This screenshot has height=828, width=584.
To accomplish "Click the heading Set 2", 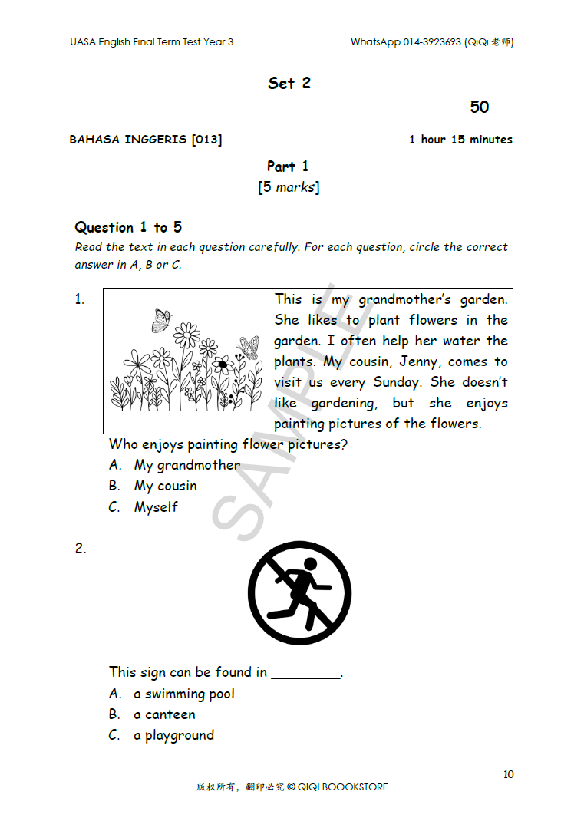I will coord(289,84).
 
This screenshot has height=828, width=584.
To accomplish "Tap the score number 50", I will coord(480,107).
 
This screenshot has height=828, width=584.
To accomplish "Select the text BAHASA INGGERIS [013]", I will coord(146,140).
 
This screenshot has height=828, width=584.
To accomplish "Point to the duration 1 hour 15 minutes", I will coord(460,140).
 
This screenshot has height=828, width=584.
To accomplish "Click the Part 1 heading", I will coord(288,167).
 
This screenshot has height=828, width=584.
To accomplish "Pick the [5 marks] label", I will coord(289,187).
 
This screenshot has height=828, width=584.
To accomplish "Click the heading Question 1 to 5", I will coord(128,227).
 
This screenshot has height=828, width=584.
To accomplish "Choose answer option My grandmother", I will coord(186,465).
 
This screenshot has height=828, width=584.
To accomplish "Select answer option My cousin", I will coord(165,486).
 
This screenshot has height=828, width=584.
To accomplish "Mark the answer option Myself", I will coord(156,507).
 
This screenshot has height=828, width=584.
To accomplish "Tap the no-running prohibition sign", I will coord(300,593).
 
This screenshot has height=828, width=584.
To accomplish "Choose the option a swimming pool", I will coord(183,694).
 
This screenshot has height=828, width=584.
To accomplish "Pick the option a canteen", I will coord(164,714).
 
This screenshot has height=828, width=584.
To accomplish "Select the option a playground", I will coord(173,735).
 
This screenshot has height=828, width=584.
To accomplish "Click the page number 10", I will coord(509,774).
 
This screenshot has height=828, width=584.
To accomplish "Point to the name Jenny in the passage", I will coord(417,361).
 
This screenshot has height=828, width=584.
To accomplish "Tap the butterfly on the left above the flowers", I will coord(161,320).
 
